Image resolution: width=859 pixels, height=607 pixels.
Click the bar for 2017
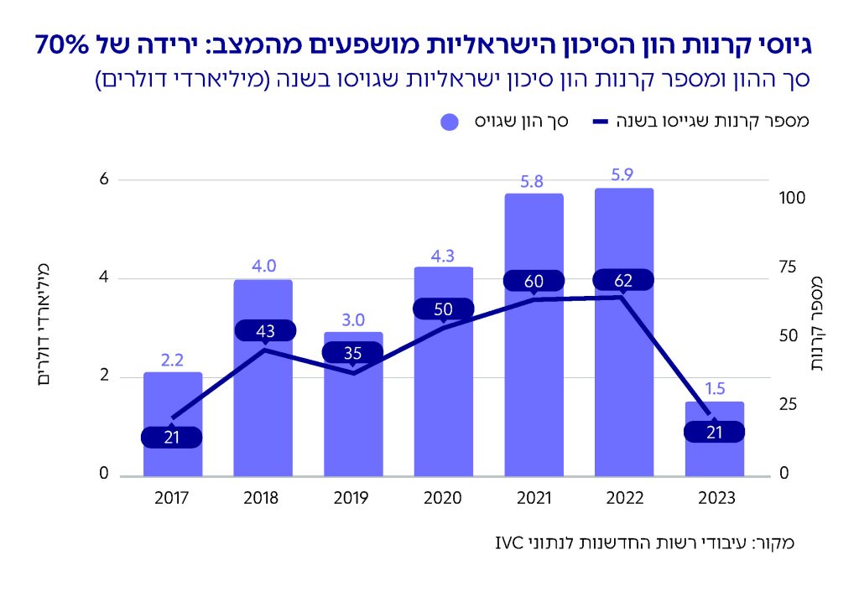pos(172,402)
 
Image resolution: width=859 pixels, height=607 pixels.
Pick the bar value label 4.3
pos(443,252)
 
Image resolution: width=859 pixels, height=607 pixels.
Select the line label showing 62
pos(622,280)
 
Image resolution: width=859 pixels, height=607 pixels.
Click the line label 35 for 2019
pos(353,353)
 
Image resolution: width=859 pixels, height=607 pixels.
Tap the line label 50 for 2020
pos(443,309)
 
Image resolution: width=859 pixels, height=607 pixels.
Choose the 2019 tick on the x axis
pos(352,497)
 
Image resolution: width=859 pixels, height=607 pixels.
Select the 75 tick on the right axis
pos(787,267)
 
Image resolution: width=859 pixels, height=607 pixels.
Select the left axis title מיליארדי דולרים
pos(47,324)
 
